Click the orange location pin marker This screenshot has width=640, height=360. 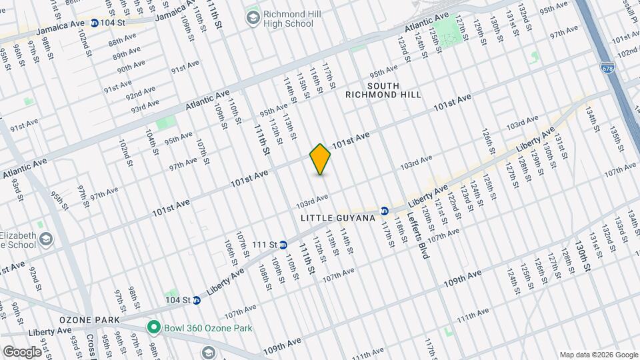click(x=321, y=159)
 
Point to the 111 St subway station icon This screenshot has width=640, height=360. click(x=283, y=245)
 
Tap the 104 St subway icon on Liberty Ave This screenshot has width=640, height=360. click(x=197, y=300)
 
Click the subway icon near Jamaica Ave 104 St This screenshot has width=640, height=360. click(x=95, y=23)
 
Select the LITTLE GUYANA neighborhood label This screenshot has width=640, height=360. click(x=338, y=218)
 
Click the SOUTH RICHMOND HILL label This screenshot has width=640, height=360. click(x=383, y=90)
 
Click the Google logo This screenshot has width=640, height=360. click(x=22, y=351)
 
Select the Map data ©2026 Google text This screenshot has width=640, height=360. click(x=597, y=355)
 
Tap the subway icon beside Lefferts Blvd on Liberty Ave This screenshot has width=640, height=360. click(x=385, y=211)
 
